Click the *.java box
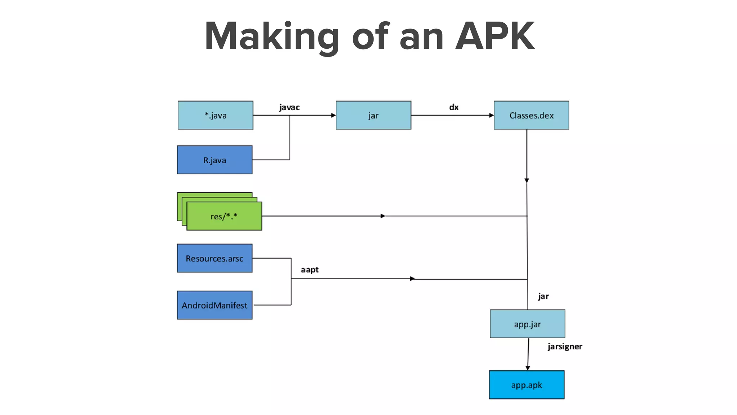(215, 115)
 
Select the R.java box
(214, 160)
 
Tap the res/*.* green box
(224, 216)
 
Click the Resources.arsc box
(214, 258)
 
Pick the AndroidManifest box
(214, 305)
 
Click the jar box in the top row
(373, 115)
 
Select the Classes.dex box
(531, 115)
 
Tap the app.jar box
(527, 324)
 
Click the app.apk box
(526, 385)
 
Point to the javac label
(289, 107)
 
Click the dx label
(454, 107)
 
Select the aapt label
(309, 270)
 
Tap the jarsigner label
(565, 347)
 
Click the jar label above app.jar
(543, 296)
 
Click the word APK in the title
(495, 36)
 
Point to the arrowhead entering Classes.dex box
(491, 115)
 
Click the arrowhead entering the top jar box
(333, 115)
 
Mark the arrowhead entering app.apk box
(528, 368)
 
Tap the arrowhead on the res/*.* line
(383, 216)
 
